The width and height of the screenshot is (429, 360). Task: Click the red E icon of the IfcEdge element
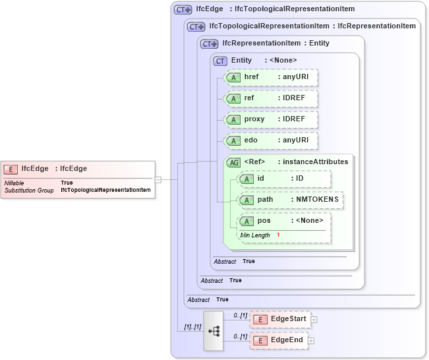(11, 169)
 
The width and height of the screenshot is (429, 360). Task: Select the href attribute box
(271, 77)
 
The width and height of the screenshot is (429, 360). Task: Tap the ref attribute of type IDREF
(271, 98)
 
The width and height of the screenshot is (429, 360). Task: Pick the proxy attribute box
(271, 119)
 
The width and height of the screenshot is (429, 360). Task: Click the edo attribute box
(271, 140)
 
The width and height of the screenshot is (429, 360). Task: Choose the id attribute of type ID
(284, 179)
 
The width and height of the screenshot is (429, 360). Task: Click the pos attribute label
(264, 221)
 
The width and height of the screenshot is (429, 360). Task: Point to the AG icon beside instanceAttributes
(233, 162)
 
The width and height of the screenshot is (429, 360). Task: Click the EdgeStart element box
(280, 319)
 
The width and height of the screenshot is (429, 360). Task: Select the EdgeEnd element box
(279, 340)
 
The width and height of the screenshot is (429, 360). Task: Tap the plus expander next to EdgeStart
(314, 319)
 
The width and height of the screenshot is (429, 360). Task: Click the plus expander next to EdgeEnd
(311, 341)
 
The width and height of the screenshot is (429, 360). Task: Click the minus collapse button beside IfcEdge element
(158, 179)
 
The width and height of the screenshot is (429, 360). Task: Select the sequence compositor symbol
(214, 330)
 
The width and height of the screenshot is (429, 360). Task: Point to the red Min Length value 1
(278, 235)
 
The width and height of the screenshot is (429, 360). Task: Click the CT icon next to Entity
(221, 61)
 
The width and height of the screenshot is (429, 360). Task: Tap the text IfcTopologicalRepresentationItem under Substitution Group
(105, 190)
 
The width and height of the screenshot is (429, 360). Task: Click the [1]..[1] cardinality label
(192, 326)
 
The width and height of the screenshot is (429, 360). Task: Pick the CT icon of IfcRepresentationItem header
(210, 44)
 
